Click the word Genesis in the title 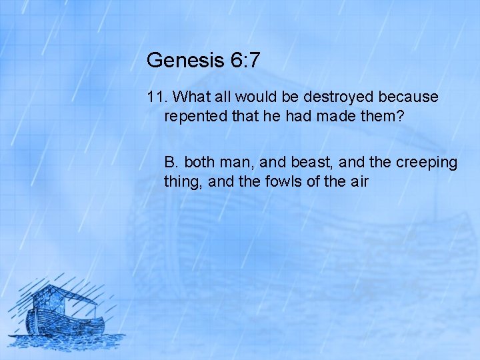click(183, 60)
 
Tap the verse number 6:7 click(243, 60)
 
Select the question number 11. click(156, 97)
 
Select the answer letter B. click(171, 163)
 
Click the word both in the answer click(199, 163)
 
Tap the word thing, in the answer click(183, 181)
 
